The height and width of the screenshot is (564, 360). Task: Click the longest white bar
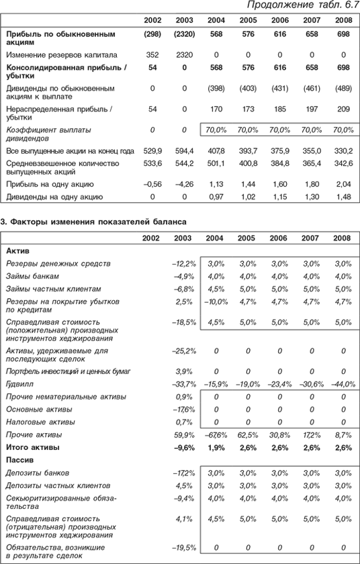click(x=220, y=174)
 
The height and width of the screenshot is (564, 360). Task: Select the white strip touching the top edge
click(x=87, y=6)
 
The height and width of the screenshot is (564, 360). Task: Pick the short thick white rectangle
click(x=308, y=534)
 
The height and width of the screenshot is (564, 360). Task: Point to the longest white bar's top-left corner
click(x=89, y=168)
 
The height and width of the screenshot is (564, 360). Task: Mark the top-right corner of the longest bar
click(x=351, y=168)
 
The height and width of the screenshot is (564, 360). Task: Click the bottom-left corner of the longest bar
click(x=89, y=180)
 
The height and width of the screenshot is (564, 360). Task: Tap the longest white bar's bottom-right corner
click(x=351, y=180)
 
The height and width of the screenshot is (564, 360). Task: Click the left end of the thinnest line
click(x=89, y=523)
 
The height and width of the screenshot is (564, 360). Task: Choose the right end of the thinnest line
click(x=175, y=523)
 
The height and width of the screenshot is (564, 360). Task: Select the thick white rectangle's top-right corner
click(x=351, y=524)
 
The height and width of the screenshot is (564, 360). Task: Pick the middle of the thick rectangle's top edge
click(x=308, y=524)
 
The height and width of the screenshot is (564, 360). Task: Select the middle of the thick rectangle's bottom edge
click(x=308, y=544)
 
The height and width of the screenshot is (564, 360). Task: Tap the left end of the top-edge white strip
click(x=1, y=6)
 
